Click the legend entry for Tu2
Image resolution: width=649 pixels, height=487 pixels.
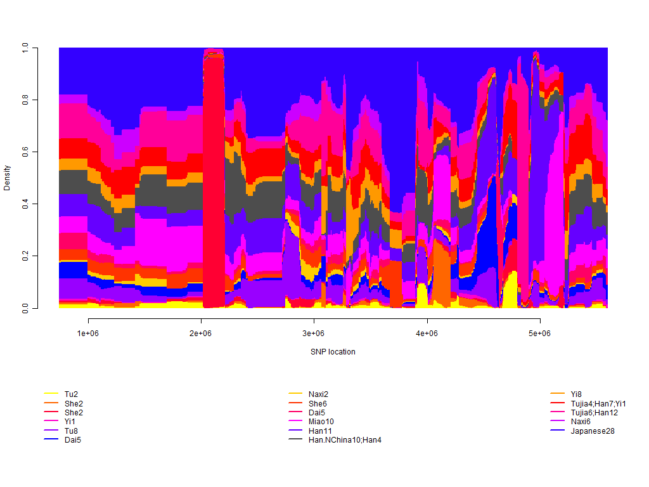(71, 394)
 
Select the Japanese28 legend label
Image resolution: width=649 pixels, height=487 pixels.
(593, 431)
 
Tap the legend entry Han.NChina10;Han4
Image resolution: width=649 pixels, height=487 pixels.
(345, 440)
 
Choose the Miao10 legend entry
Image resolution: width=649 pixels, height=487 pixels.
(321, 422)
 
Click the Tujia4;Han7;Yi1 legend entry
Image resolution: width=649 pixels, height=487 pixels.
(598, 403)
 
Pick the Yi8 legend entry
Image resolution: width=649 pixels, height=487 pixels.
(576, 394)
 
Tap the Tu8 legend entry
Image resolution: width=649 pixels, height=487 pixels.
(71, 431)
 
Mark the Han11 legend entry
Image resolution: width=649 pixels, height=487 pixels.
(319, 431)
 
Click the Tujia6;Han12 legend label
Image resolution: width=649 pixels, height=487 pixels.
(594, 413)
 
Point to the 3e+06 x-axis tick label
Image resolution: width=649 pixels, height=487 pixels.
(314, 334)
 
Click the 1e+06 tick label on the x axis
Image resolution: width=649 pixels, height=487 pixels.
(88, 334)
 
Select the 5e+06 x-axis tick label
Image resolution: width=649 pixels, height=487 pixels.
(539, 334)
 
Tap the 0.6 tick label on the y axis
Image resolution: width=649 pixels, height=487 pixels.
(25, 152)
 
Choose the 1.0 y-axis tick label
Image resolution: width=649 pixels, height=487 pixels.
(25, 48)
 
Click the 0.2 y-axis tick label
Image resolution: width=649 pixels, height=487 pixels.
(25, 256)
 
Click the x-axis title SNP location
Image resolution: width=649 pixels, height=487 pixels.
(333, 351)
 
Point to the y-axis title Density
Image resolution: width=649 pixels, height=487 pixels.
(8, 178)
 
